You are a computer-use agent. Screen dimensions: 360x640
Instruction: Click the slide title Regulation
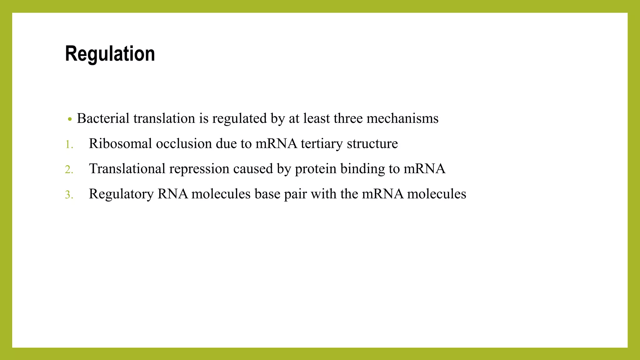pyautogui.click(x=110, y=54)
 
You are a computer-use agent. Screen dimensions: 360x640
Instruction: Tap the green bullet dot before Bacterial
pyautogui.click(x=70, y=119)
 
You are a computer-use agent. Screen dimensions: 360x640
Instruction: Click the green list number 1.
pyautogui.click(x=69, y=145)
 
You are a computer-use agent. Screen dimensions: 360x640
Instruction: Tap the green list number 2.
pyautogui.click(x=69, y=170)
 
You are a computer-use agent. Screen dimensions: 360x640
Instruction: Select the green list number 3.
pyautogui.click(x=69, y=195)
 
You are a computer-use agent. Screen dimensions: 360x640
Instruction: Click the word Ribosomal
pyautogui.click(x=120, y=144)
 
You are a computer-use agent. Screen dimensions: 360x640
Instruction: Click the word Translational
pyautogui.click(x=127, y=169)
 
